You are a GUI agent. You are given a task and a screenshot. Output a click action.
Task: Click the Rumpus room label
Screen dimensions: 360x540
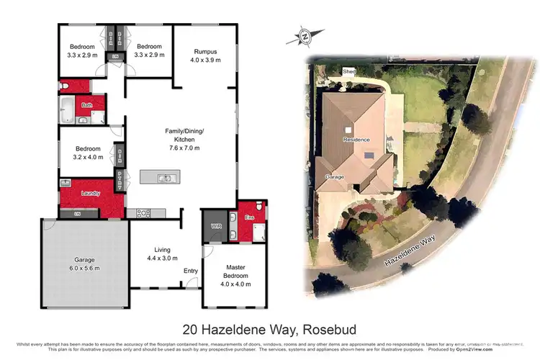click(204, 52)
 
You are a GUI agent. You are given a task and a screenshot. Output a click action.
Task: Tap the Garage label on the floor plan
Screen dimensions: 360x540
click(84, 260)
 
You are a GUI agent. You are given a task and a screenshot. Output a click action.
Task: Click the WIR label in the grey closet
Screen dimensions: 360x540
click(215, 226)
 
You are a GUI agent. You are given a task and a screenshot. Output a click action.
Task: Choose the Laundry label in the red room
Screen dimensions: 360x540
click(91, 193)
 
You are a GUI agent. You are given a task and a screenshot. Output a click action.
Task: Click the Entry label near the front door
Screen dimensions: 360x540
click(191, 271)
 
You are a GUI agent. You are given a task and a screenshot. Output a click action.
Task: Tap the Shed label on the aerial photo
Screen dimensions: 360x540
click(349, 72)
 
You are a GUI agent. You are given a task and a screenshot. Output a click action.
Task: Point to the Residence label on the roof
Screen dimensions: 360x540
click(356, 139)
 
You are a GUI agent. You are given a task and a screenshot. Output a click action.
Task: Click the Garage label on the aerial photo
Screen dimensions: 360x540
click(335, 176)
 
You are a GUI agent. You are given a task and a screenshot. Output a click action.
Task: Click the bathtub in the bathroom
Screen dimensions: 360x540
click(66, 112)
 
